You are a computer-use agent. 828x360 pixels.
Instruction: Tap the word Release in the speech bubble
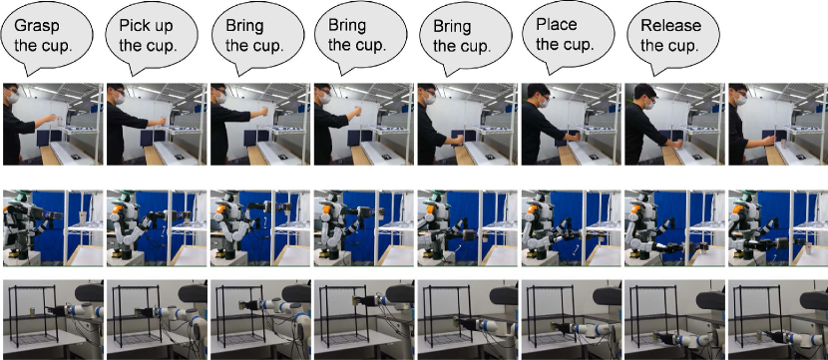pos(670,25)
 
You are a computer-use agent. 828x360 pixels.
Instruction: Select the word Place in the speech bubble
pos(556,24)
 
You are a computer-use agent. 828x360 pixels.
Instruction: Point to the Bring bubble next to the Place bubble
pos(466,37)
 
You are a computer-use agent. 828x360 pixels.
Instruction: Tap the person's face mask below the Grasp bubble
pos(13,97)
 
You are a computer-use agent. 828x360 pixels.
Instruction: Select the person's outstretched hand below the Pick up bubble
pos(163,122)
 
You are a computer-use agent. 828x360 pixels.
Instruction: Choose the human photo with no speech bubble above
pos(778,124)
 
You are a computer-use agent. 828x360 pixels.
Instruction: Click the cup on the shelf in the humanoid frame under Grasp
pos(82,217)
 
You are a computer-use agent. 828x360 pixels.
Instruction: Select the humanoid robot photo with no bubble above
pos(778,228)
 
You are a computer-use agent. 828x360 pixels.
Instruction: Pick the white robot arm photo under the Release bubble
pos(675,319)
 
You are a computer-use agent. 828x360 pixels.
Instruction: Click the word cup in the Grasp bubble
pos(57,46)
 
